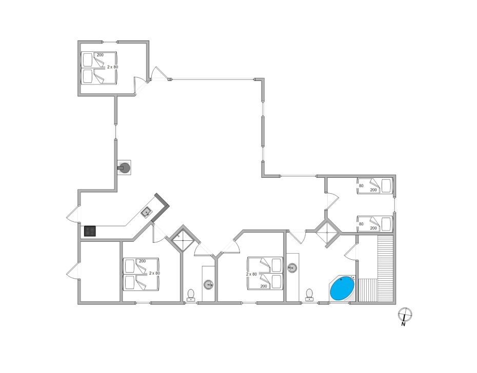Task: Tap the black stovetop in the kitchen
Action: [90, 231]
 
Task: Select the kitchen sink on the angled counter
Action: [147, 212]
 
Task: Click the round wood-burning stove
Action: [125, 167]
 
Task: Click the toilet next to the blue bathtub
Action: [309, 295]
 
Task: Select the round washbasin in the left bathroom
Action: [208, 284]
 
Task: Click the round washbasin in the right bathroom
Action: [292, 268]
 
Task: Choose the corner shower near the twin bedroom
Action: [327, 232]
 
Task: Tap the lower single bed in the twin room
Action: [374, 224]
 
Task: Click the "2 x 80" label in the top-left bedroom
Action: [112, 67]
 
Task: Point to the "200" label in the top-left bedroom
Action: [100, 55]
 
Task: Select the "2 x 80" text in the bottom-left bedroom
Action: [154, 273]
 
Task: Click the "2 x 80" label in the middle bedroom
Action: [252, 274]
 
